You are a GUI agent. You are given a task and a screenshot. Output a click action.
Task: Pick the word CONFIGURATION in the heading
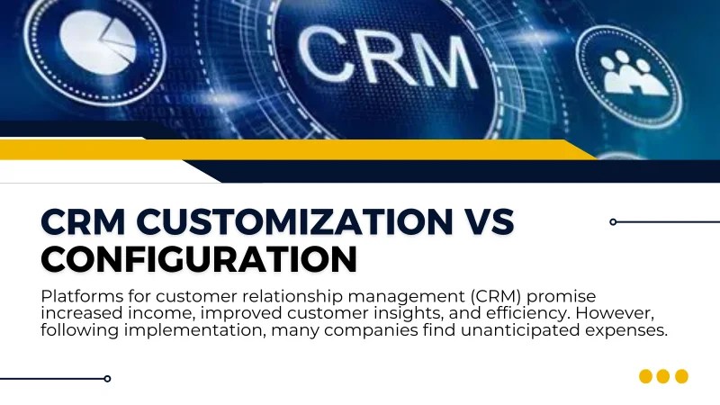200,258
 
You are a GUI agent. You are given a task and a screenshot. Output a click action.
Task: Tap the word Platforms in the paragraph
79,295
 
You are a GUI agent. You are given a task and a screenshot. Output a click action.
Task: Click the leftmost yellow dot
645,376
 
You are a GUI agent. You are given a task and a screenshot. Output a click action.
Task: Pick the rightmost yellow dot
681,376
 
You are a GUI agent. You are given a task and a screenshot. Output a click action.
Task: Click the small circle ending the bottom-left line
107,378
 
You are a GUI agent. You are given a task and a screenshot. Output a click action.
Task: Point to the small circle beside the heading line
613,221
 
